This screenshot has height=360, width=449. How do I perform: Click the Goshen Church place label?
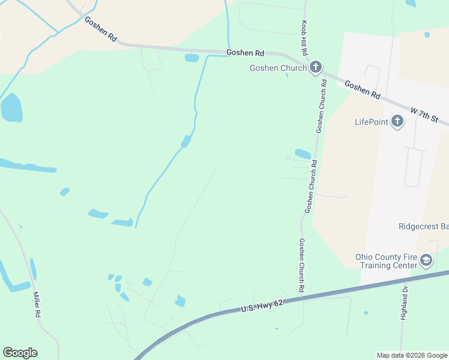[x=278, y=68]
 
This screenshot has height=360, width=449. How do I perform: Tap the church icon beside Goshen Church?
[x=316, y=67]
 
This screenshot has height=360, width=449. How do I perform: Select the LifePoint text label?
[x=372, y=122]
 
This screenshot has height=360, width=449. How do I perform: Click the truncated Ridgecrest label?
[x=423, y=227]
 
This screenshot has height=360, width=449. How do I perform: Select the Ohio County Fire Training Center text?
[x=385, y=261]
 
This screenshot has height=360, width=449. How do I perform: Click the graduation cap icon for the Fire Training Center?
[x=426, y=260]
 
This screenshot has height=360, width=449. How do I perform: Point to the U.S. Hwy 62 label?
[x=262, y=307]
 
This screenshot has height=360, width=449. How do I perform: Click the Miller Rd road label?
[x=37, y=305]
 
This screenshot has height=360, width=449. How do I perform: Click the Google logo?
[x=20, y=353]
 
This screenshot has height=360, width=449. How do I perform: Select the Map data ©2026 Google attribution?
[x=412, y=355]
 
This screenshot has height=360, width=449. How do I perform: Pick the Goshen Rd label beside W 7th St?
[x=363, y=91]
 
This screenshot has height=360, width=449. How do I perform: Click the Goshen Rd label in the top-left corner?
[x=101, y=28]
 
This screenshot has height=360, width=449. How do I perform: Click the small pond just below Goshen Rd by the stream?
[x=191, y=58]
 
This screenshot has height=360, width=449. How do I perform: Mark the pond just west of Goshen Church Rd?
[x=303, y=154]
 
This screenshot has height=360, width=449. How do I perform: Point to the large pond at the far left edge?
[x=11, y=108]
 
